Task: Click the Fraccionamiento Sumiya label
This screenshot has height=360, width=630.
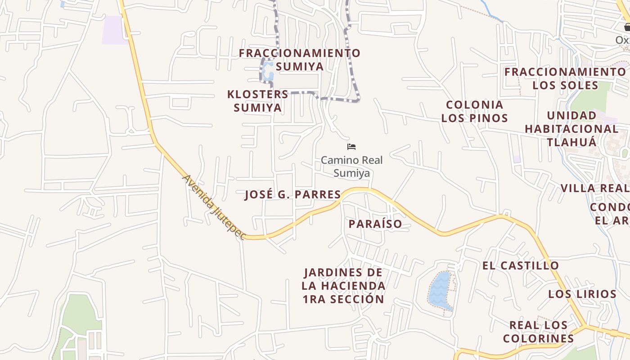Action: [x=300, y=60]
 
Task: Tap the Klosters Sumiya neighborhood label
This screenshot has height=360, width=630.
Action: [x=258, y=101]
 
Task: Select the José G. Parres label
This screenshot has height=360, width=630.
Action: [x=292, y=195]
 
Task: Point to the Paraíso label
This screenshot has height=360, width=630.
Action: [x=375, y=224]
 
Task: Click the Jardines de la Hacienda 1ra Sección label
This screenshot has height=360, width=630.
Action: [x=344, y=286]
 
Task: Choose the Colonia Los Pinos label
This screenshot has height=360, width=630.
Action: [x=474, y=112]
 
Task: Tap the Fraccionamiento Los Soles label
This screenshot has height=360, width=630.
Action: [x=565, y=78]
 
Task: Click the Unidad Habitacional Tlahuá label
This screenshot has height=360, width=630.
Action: [x=571, y=129]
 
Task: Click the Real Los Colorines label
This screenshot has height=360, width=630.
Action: [x=538, y=332]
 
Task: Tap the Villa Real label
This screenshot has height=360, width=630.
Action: [x=594, y=188]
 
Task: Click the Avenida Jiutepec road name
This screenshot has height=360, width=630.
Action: [x=213, y=207]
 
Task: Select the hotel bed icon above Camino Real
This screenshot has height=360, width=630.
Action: [x=351, y=147]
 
